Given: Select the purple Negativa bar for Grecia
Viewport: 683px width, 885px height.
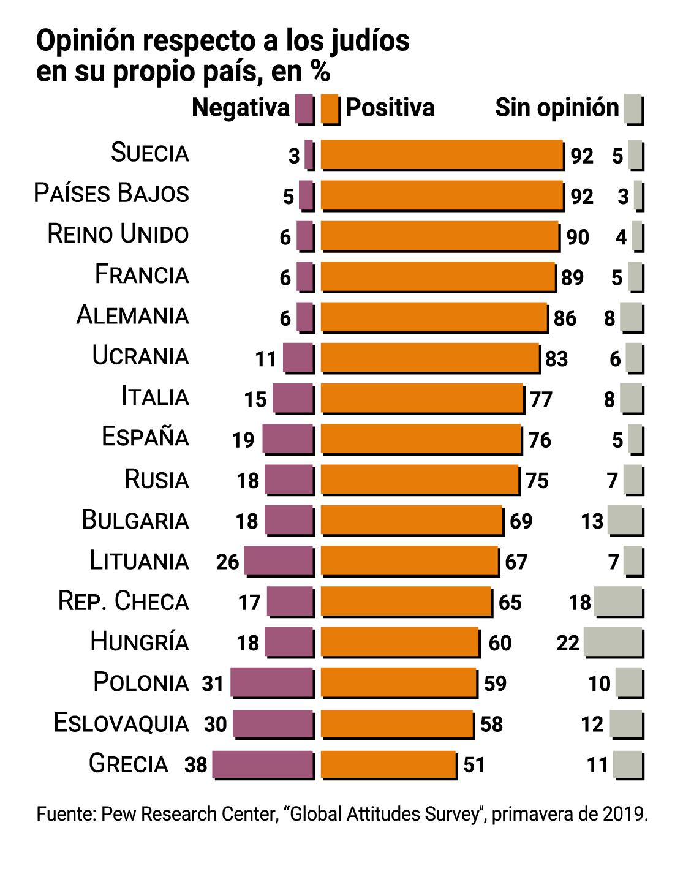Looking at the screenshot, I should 263,764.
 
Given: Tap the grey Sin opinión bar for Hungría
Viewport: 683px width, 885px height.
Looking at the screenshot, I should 613,642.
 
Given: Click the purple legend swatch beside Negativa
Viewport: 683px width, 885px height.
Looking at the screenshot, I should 304,108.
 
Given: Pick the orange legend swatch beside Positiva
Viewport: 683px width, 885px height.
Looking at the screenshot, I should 330,108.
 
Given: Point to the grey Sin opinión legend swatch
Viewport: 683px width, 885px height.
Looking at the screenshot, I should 633,109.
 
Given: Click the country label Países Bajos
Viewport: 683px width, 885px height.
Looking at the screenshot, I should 111,194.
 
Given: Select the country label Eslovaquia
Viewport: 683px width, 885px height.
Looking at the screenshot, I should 121,723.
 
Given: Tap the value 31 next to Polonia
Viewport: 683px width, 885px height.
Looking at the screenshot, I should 213,684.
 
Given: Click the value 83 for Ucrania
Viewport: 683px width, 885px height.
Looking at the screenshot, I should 556,359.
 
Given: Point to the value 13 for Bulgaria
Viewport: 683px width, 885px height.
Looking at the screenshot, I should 592,521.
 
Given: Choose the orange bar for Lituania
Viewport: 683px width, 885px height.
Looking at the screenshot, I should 409,561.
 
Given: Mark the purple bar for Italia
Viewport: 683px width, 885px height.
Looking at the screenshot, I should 293,399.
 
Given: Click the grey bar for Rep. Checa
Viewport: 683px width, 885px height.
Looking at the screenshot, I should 618,601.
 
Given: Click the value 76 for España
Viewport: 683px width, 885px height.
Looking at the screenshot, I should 540,440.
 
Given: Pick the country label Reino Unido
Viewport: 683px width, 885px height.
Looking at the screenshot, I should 118,235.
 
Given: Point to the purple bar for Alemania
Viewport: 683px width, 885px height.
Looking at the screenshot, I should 306,317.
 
